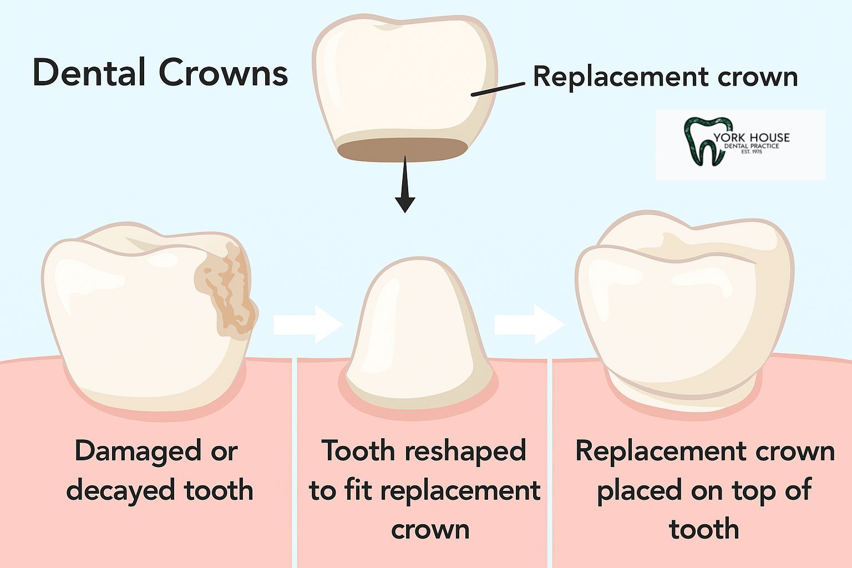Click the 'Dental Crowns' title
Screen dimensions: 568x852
160,73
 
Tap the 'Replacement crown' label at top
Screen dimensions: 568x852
665,77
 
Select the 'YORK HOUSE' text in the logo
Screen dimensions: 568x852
752,138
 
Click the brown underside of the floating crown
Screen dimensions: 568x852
403,149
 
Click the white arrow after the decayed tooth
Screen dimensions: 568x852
307,324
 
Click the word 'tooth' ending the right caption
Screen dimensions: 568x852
704,529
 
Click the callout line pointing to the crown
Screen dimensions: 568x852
498,89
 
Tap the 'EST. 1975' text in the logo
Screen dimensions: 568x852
752,151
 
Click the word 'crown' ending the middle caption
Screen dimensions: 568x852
430,529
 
